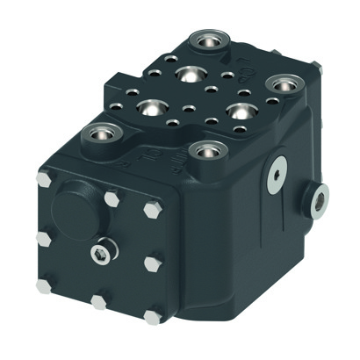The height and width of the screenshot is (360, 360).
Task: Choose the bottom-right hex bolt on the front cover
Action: tap(155, 312)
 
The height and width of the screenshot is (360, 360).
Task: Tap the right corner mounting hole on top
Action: tap(281, 85)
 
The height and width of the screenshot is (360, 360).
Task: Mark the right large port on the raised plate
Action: tap(236, 112)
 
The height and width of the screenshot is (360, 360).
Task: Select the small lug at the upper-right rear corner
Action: tap(318, 68)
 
